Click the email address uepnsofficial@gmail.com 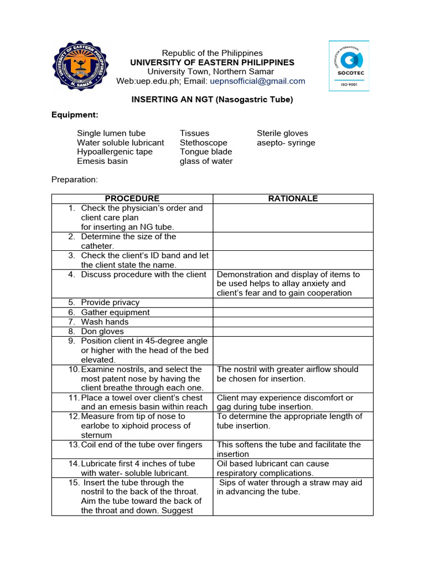point(257,81)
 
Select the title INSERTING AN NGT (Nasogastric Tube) point(211,100)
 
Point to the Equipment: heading point(75,115)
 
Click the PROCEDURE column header point(132,198)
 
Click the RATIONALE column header point(293,198)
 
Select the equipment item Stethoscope point(204,142)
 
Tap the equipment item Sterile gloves point(282,133)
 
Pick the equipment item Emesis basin point(102,161)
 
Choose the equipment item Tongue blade point(206,152)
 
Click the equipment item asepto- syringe point(286,142)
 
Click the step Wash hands point(105,322)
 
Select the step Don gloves point(103,331)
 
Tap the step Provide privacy point(110,302)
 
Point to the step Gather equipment point(115,312)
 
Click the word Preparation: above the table point(74,179)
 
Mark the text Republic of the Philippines point(212,53)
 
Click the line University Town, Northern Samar point(210,71)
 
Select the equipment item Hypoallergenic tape point(115,152)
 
